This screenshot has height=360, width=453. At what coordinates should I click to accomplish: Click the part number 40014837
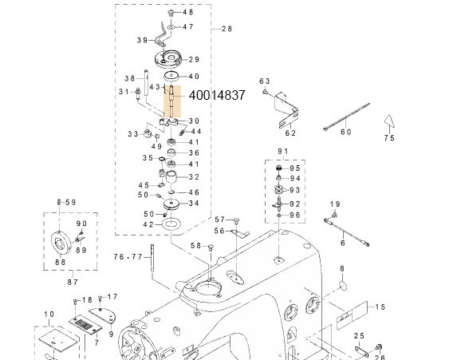(x=216, y=95)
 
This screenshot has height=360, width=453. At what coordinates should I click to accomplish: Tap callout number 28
(x=226, y=29)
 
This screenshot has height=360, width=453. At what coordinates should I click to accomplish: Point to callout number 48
(x=188, y=13)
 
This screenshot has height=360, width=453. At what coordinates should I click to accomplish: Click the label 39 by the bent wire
(x=142, y=40)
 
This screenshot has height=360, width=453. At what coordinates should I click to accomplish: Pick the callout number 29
(x=195, y=58)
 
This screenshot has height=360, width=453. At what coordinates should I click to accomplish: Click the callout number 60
(x=345, y=132)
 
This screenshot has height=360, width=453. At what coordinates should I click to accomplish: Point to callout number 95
(x=295, y=168)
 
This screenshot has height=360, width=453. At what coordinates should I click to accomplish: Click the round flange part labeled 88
(x=60, y=239)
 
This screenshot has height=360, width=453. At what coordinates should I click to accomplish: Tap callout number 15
(x=380, y=307)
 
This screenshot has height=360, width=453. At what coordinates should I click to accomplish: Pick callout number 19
(x=336, y=204)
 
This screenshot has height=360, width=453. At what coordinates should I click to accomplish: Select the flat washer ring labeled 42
(x=171, y=226)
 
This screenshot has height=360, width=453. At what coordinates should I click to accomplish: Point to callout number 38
(x=130, y=77)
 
